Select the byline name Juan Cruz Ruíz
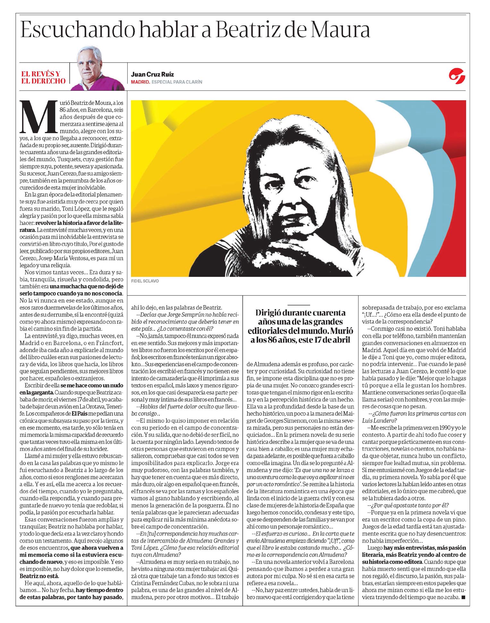click(x=152, y=74)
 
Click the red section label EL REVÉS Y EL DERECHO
click(x=43, y=78)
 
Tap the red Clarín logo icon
click(x=457, y=78)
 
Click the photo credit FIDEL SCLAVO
click(x=145, y=281)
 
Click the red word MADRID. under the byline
click(x=140, y=82)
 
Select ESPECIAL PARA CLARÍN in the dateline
click(x=177, y=82)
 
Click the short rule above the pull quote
click(x=299, y=305)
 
